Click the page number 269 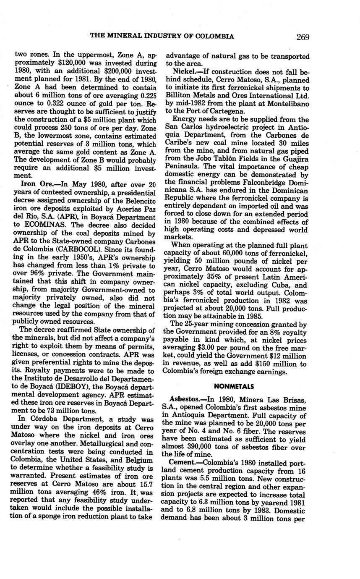(x=302, y=37)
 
